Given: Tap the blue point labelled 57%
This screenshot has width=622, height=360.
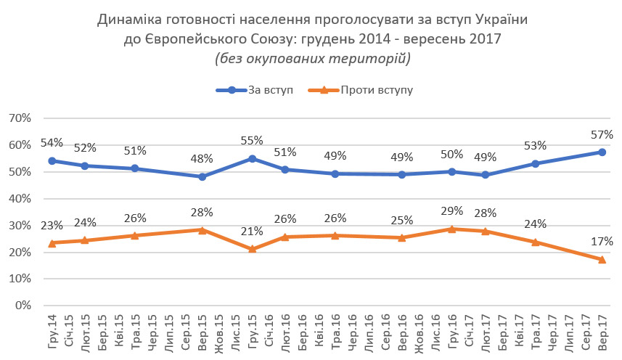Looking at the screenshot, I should coord(602,152).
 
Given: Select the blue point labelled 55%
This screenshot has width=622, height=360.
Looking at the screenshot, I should coord(252,158).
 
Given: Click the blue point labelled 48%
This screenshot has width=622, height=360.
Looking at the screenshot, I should coord(202,176).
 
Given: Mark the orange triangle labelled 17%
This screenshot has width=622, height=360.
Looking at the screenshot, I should coord(602,259).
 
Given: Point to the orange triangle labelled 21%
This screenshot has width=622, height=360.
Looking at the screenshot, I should coord(252,249).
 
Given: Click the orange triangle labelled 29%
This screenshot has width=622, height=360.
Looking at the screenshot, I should coord(451,229).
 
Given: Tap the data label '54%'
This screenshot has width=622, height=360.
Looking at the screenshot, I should coord(52,143).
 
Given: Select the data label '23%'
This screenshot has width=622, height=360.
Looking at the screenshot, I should coord(52,226).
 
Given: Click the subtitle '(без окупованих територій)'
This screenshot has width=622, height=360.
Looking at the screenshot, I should coord(312,59).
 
